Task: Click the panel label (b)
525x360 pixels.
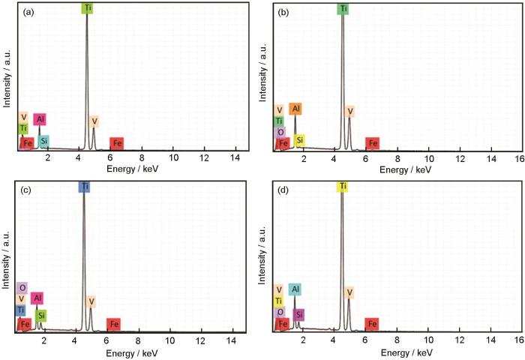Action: click(x=285, y=12)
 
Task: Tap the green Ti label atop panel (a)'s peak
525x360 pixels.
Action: click(x=87, y=8)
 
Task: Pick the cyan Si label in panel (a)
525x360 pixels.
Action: click(x=44, y=141)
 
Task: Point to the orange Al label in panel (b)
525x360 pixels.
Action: click(x=295, y=109)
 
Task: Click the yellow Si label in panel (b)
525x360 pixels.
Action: click(x=299, y=140)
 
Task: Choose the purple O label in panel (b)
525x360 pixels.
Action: click(x=280, y=132)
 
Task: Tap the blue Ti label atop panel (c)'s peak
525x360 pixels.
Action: click(x=84, y=186)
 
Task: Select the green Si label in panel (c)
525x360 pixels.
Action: click(x=41, y=316)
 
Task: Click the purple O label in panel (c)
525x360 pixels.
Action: click(x=22, y=287)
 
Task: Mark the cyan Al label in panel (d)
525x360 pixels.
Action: click(x=295, y=289)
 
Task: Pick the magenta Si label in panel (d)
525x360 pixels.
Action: click(x=299, y=314)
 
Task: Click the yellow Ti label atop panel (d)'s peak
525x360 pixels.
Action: click(x=343, y=186)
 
